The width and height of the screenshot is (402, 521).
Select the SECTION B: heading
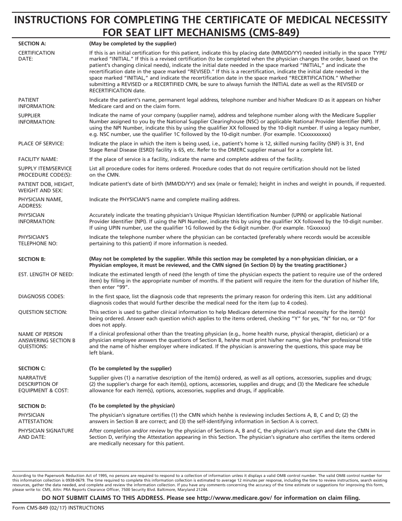click(32, 259)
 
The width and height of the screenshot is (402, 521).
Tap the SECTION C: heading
click(32, 369)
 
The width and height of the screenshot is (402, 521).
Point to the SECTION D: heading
click(32, 406)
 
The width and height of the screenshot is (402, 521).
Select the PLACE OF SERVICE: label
click(41, 144)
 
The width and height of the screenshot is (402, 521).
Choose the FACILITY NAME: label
click(38, 159)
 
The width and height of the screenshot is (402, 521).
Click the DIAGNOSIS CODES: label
click(41, 297)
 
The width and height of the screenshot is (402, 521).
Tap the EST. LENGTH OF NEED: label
click(46, 274)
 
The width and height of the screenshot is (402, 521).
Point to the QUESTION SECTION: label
click(43, 312)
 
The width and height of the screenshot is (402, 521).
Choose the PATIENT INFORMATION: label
click(37, 103)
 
